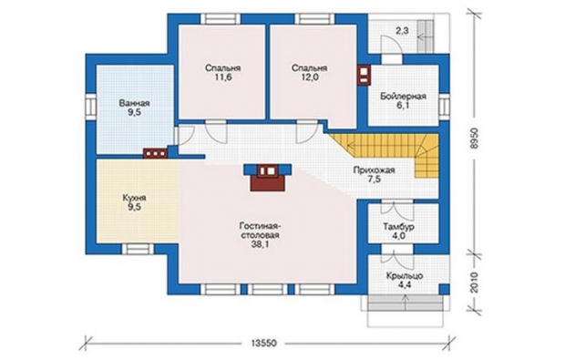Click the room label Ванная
point(134,103)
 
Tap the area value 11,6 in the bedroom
point(222,77)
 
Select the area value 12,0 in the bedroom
point(310,77)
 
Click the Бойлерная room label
point(403,97)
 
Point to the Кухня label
point(134,198)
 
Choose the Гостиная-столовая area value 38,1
point(259,244)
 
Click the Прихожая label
point(374,170)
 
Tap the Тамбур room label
point(398,227)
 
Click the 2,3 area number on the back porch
point(402,31)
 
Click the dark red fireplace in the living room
point(267,177)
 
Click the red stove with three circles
point(155,153)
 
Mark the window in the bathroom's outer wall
point(90,108)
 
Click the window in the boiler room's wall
point(444,108)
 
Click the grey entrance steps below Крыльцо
point(406,303)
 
